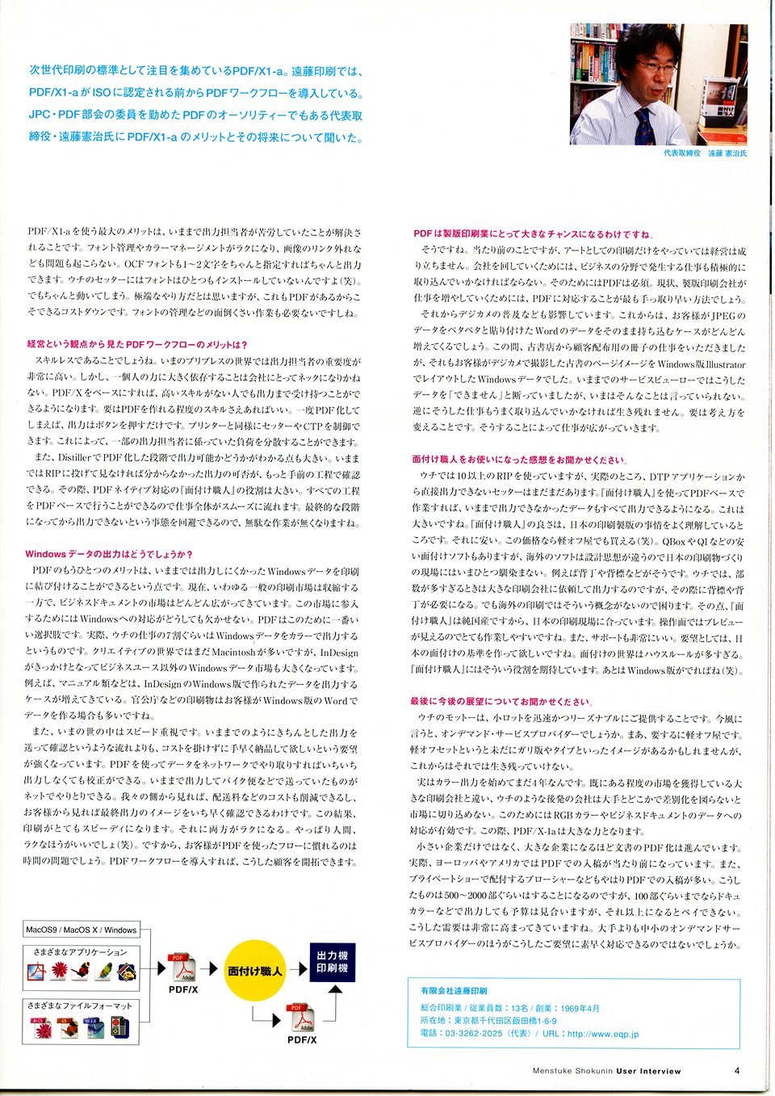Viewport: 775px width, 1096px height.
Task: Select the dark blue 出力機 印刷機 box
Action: coord(332,961)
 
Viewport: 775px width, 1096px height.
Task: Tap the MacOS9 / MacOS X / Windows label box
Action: coord(81,930)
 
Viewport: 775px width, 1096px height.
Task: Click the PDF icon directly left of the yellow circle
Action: coord(183,968)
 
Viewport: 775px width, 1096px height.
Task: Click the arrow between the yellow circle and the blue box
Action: coord(298,968)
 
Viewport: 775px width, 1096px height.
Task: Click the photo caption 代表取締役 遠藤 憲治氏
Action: coord(705,153)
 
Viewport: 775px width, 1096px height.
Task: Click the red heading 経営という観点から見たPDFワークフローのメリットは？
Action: coord(137,344)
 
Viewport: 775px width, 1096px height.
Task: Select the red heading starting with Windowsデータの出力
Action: coord(109,554)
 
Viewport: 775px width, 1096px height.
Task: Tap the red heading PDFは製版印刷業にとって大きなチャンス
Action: coord(533,233)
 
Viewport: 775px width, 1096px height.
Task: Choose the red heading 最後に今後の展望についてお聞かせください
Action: coord(501,701)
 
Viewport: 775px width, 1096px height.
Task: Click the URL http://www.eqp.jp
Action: coord(602,1034)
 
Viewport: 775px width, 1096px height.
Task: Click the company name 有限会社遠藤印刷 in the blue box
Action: coord(454,990)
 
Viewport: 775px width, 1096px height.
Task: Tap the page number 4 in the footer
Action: coord(737,1070)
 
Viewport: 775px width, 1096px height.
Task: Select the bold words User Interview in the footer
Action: coord(648,1071)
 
